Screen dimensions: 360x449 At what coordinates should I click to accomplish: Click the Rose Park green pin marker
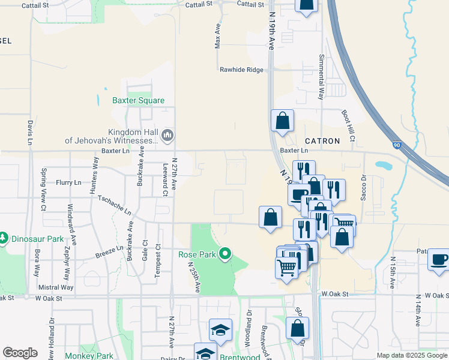[x=225, y=254]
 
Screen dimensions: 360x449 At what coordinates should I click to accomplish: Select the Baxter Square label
[x=138, y=101]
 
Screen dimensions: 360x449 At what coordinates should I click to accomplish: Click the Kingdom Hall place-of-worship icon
[x=167, y=136]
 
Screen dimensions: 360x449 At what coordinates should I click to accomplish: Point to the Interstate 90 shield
[x=396, y=145]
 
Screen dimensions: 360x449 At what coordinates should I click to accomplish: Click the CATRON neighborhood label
[x=322, y=141]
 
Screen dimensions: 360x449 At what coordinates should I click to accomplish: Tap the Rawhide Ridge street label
[x=241, y=70]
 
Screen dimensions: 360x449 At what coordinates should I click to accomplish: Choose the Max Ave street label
[x=218, y=36]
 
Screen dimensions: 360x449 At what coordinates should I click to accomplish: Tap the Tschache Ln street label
[x=113, y=205]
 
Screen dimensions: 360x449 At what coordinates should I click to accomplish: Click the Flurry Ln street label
[x=68, y=182]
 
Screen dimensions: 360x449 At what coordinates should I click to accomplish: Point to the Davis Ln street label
[x=29, y=133]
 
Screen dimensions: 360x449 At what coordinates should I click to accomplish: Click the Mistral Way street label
[x=55, y=287]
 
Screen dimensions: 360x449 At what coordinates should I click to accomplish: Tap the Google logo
[x=20, y=353]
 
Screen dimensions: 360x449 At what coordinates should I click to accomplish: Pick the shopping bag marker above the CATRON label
[x=282, y=121]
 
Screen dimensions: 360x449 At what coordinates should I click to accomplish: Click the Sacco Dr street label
[x=363, y=188]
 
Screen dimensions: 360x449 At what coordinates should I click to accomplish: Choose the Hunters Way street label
[x=95, y=175]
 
